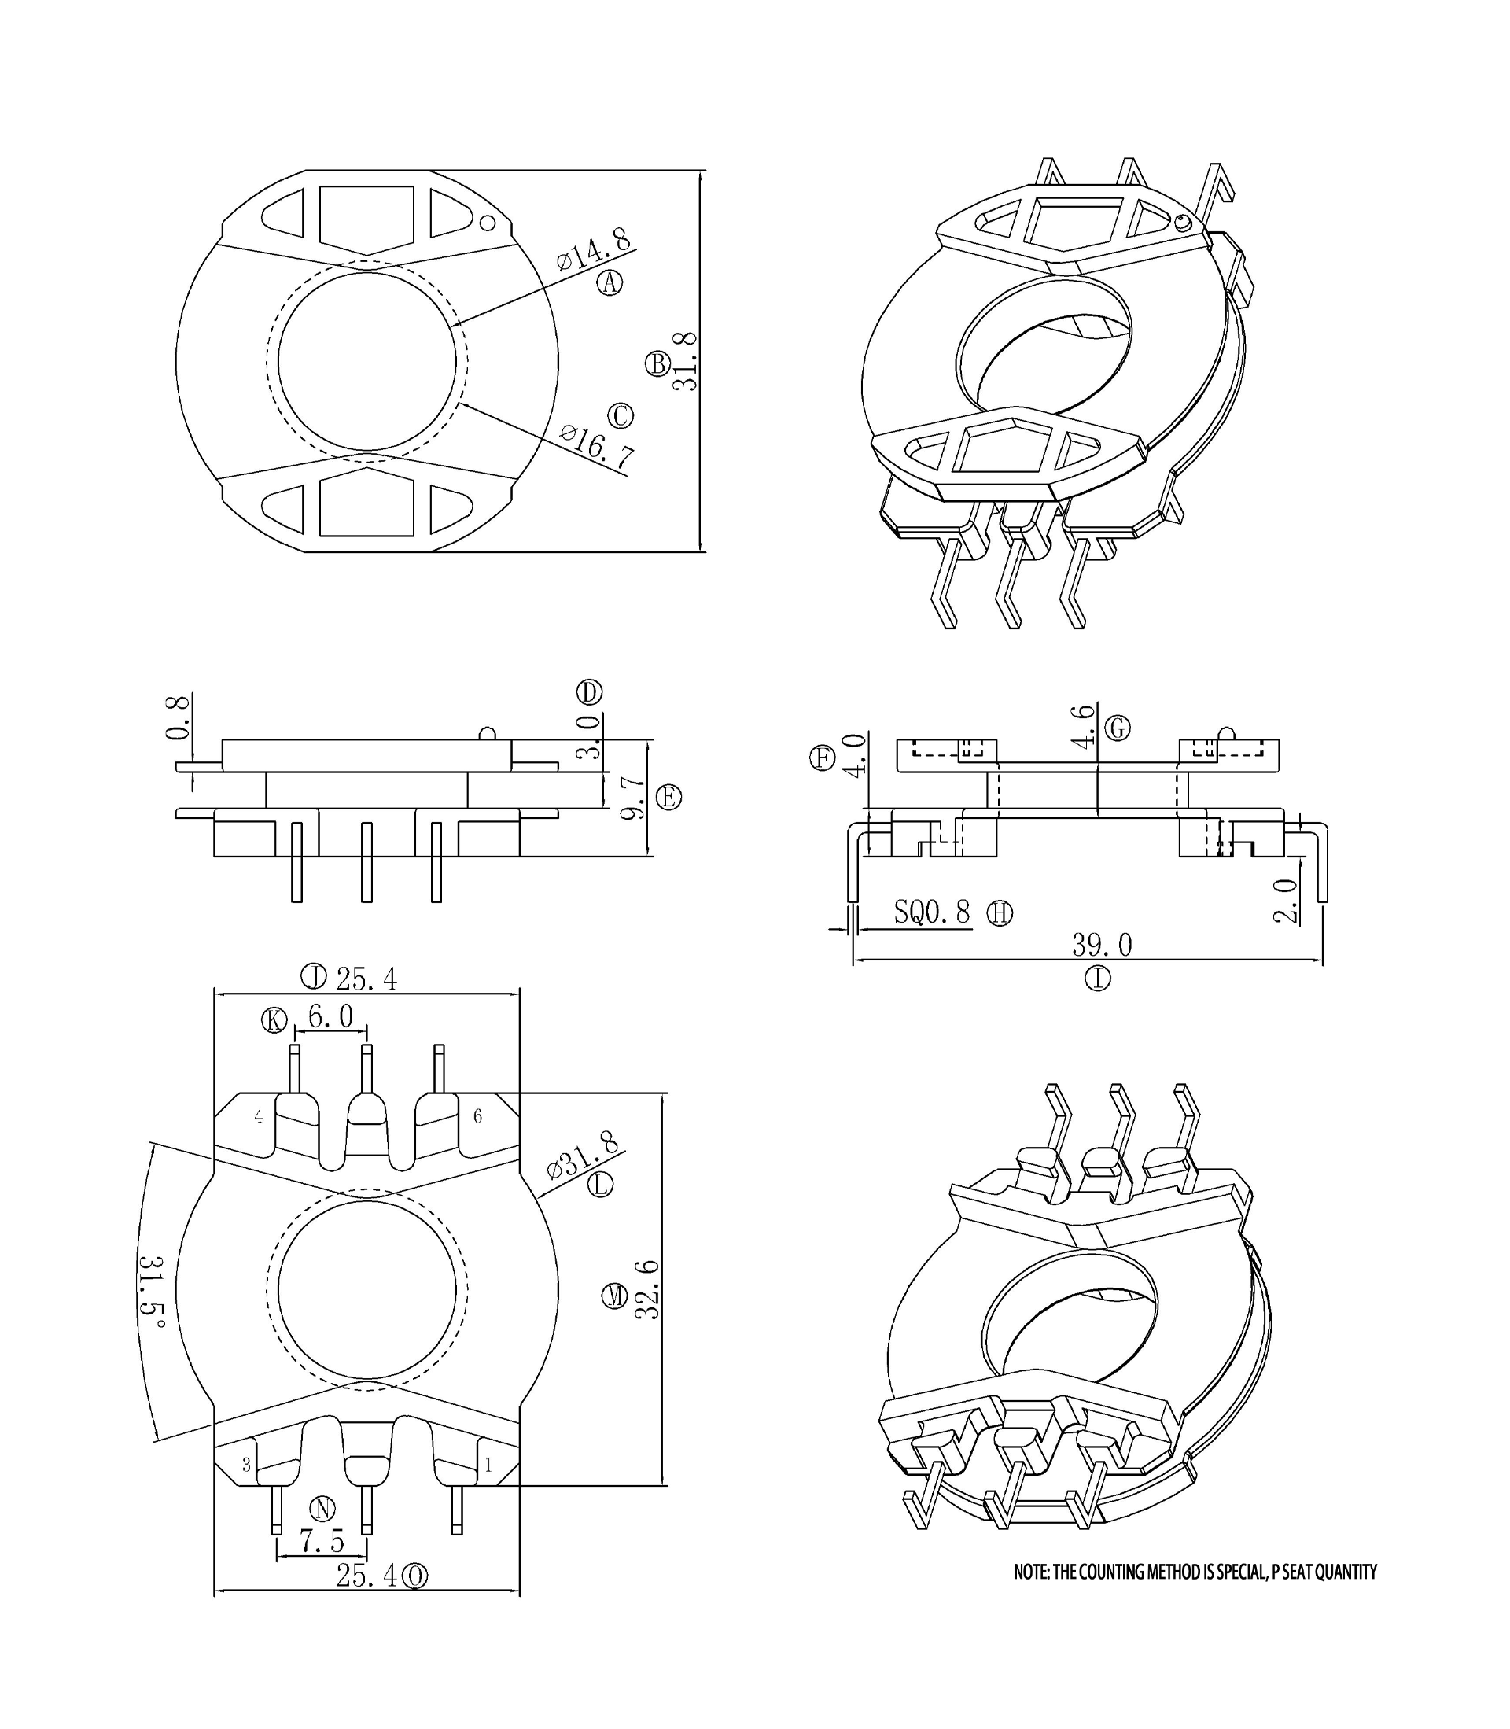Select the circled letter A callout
click(610, 283)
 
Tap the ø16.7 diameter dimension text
click(597, 446)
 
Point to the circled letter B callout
click(657, 364)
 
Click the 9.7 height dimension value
click(634, 798)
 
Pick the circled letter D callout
click(589, 692)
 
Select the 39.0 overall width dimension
click(1101, 945)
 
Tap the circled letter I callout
click(1097, 979)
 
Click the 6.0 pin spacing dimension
click(330, 1017)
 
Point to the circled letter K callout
click(274, 1020)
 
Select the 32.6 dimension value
click(647, 1289)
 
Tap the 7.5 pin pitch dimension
click(322, 1541)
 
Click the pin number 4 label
click(259, 1116)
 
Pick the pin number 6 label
click(478, 1116)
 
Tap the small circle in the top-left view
click(487, 223)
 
